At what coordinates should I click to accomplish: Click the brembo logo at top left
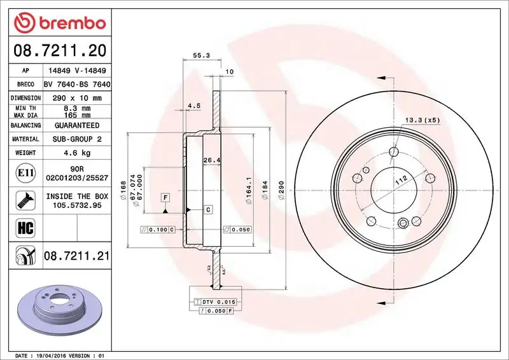point(59,24)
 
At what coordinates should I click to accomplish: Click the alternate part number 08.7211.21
point(77,256)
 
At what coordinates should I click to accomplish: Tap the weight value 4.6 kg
point(77,153)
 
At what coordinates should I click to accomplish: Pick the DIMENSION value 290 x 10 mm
point(77,98)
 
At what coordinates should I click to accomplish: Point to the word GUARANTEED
point(77,125)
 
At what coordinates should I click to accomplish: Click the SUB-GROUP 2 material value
point(77,139)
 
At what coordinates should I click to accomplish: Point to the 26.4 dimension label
point(211,160)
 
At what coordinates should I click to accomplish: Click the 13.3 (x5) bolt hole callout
point(422,120)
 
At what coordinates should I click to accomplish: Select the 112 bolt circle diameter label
point(400,182)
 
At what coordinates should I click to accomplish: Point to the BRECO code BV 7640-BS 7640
point(77,85)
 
